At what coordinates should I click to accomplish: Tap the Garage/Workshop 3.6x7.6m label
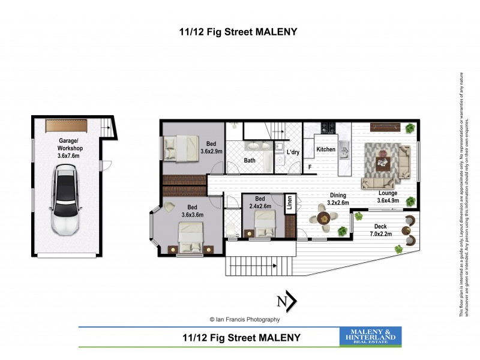[70, 148]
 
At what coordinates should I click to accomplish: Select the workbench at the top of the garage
[67, 127]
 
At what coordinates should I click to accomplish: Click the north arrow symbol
[286, 302]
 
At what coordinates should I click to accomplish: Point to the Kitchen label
[326, 149]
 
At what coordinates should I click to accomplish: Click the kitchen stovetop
[327, 127]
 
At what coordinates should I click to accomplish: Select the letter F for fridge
[310, 167]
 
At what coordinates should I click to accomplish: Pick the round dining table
[325, 220]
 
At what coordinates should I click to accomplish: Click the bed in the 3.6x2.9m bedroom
[180, 147]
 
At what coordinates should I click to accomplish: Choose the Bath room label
[250, 160]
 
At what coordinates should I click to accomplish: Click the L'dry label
[293, 152]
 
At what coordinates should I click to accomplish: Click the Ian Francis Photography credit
[244, 319]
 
